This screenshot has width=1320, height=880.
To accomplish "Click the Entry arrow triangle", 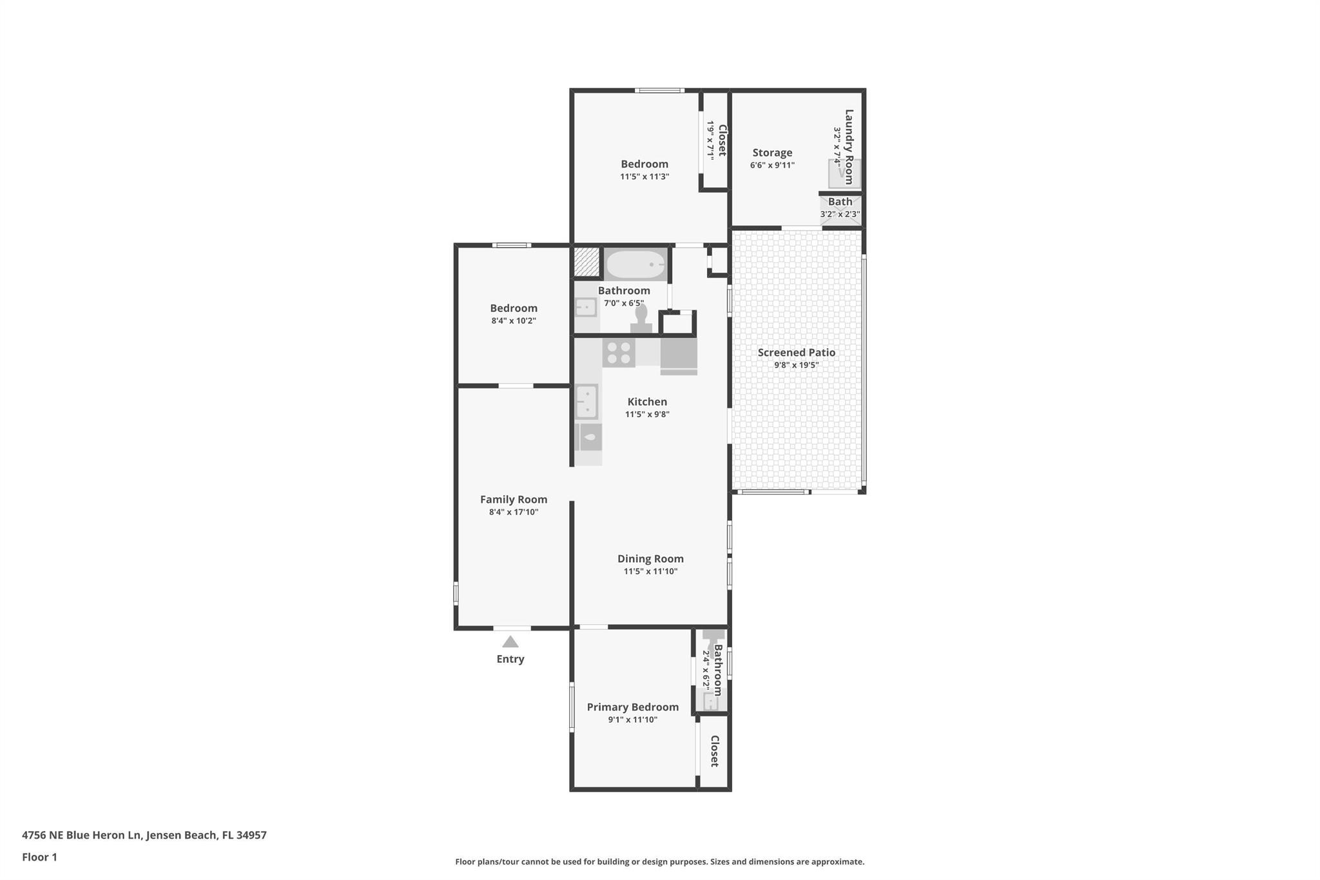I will pyautogui.click(x=510, y=641).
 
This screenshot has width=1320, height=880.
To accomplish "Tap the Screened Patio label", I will pyautogui.click(x=796, y=352).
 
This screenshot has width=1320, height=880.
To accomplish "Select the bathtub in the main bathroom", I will pyautogui.click(x=636, y=264).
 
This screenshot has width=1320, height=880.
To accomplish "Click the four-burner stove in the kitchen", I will pyautogui.click(x=619, y=353).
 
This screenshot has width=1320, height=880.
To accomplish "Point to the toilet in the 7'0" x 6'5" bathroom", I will pyautogui.click(x=641, y=319).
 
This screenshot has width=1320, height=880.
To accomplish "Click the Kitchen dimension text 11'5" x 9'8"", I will pyautogui.click(x=647, y=415).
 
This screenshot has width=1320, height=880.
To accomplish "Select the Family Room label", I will pyautogui.click(x=513, y=499).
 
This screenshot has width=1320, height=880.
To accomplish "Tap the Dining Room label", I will pyautogui.click(x=650, y=558).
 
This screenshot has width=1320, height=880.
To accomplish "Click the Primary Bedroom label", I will pyautogui.click(x=632, y=707).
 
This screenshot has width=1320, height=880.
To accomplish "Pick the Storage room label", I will pyautogui.click(x=772, y=153).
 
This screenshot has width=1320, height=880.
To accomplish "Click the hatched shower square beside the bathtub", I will pyautogui.click(x=587, y=262).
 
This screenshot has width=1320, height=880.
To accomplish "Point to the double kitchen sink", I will pyautogui.click(x=587, y=401).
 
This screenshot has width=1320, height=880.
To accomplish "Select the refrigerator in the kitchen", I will pyautogui.click(x=679, y=356).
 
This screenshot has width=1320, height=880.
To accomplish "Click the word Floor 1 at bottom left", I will pyautogui.click(x=39, y=857).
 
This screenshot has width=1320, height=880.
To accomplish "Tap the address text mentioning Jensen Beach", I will pyautogui.click(x=144, y=835).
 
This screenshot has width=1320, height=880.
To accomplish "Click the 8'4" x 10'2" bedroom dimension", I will pyautogui.click(x=514, y=320).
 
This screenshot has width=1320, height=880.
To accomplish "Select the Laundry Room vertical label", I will pyautogui.click(x=849, y=146).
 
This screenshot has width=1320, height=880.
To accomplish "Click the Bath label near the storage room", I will pyautogui.click(x=840, y=202).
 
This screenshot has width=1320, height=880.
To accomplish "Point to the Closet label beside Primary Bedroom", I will pyautogui.click(x=714, y=751).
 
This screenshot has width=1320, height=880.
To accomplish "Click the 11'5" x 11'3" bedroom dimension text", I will pyautogui.click(x=645, y=177).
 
